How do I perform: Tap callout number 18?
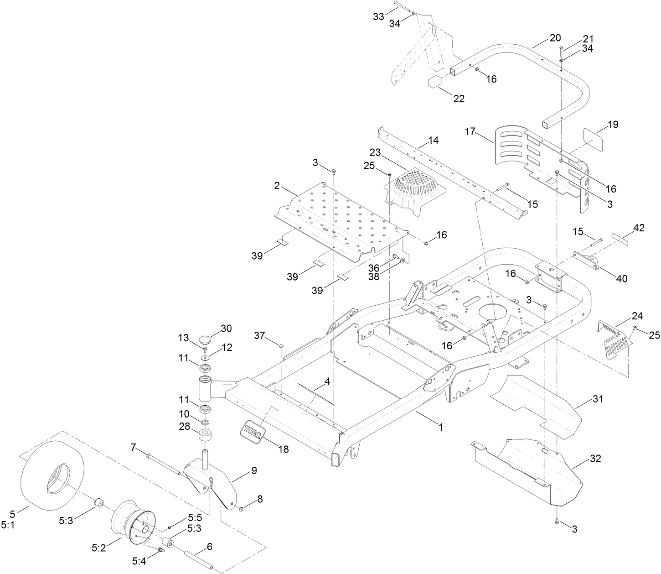tap(283, 449)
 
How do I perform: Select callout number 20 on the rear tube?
tap(555, 38)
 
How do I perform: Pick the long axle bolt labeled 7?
tap(164, 465)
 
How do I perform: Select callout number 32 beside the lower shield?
tap(595, 459)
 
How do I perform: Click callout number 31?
tap(598, 399)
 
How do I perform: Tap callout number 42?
tap(639, 229)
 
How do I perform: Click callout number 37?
tap(260, 336)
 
